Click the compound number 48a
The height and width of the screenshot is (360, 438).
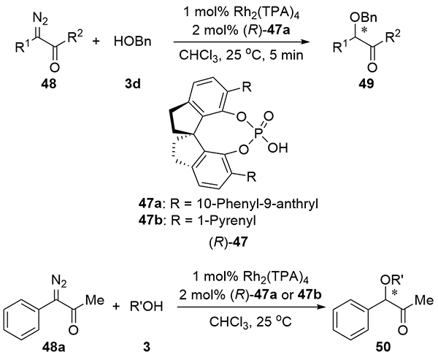click(53, 348)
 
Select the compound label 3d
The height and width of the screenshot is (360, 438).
click(133, 83)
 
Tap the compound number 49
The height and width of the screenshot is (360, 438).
click(367, 83)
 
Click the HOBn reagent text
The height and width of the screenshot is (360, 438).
click(133, 42)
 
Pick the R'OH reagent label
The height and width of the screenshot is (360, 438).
click(146, 307)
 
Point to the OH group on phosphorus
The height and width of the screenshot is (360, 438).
click(277, 148)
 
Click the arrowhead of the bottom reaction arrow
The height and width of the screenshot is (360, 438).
click(322, 307)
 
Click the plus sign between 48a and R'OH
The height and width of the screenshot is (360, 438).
click(117, 307)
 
